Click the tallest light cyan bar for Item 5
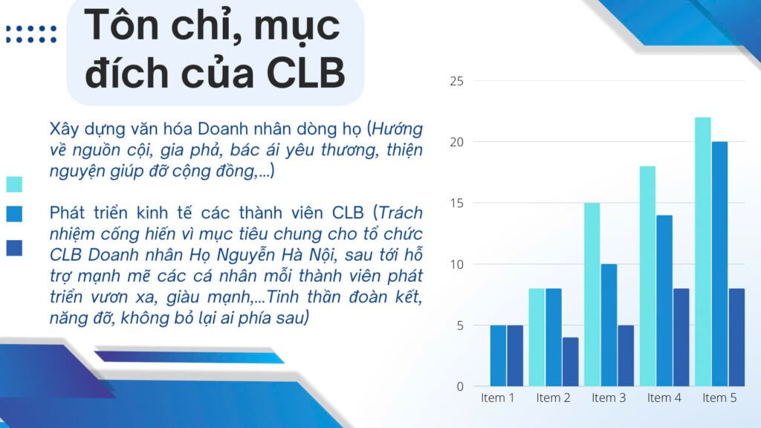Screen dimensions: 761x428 click(703, 252)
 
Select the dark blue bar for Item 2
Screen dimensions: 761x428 click(570, 362)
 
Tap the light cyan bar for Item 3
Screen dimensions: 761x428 click(592, 294)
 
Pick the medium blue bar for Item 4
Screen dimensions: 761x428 click(664, 301)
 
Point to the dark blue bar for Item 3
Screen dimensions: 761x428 click(626, 356)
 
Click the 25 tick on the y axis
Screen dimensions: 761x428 click(457, 81)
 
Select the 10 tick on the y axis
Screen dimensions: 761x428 click(457, 265)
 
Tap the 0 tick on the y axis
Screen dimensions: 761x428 click(460, 386)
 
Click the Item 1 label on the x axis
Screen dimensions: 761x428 click(497, 398)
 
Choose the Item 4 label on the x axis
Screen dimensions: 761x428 click(664, 398)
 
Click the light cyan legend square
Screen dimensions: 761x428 click(14, 184)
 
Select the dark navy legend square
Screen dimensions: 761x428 click(14, 248)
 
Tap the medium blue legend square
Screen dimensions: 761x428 click(14, 214)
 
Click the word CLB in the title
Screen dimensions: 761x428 click(305, 73)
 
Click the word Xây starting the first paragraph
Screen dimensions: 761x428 click(65, 130)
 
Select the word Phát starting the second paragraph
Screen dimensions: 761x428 click(68, 213)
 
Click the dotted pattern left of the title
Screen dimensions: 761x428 click(31, 34)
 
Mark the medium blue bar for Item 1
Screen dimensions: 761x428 click(498, 356)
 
